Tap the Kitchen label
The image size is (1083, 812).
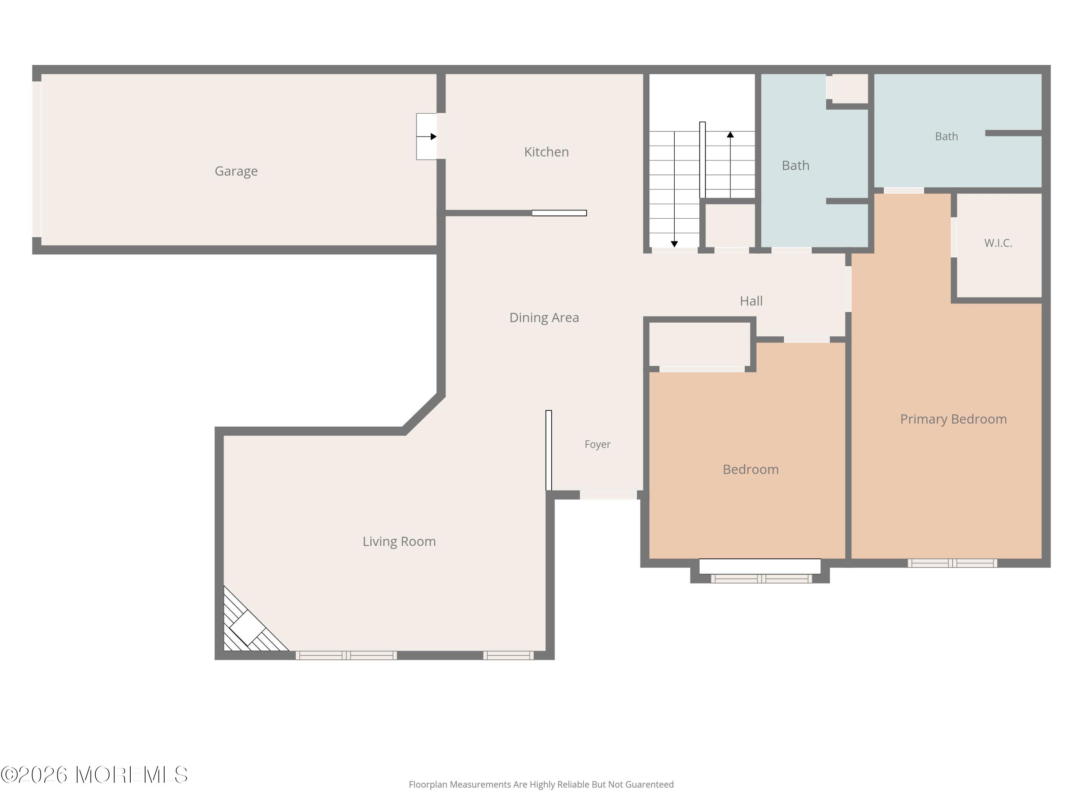pyautogui.click(x=547, y=152)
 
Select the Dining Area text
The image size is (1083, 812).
pyautogui.click(x=544, y=318)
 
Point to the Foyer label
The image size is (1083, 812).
pyautogui.click(x=597, y=444)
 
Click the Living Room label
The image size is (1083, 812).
pyautogui.click(x=399, y=541)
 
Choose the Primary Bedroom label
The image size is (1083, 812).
pyautogui.click(x=953, y=419)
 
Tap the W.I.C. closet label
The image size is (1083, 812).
pyautogui.click(x=998, y=243)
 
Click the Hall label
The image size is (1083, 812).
pyautogui.click(x=751, y=301)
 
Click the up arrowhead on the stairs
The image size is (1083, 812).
pyautogui.click(x=730, y=135)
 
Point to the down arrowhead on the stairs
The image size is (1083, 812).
pyautogui.click(x=674, y=244)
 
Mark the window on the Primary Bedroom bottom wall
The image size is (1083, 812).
pyautogui.click(x=952, y=563)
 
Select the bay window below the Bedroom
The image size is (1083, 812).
pyautogui.click(x=761, y=579)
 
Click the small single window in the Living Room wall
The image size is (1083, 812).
pyautogui.click(x=508, y=655)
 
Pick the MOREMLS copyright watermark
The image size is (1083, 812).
pyautogui.click(x=94, y=775)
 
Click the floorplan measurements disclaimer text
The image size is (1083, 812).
pyautogui.click(x=541, y=785)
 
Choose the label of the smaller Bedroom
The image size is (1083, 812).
pyautogui.click(x=751, y=470)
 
